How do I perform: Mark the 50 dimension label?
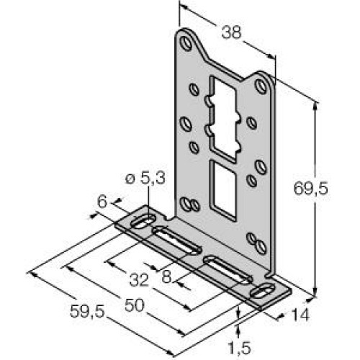(x=134, y=305)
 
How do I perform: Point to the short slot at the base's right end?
(x=264, y=292)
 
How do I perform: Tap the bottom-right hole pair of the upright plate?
(x=253, y=240)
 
